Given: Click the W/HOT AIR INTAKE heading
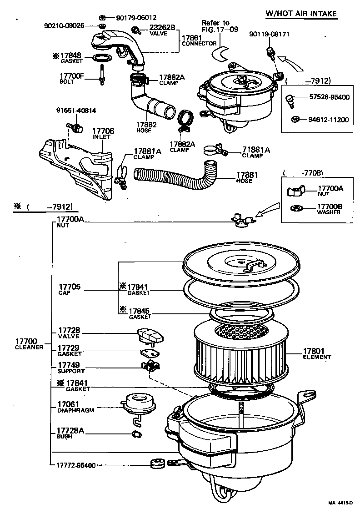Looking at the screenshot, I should point(301,13).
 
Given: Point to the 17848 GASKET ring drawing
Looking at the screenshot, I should point(103,58).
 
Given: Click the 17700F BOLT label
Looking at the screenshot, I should point(72,79).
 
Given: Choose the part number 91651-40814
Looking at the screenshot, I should point(76,110).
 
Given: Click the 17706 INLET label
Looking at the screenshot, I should point(103,134).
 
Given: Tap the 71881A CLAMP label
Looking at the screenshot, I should point(256,152).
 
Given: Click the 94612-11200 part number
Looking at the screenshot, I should point(327,120).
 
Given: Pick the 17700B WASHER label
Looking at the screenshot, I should point(330,209).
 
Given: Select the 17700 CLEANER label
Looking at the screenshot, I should point(29,344).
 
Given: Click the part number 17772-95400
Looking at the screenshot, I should point(76,465).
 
